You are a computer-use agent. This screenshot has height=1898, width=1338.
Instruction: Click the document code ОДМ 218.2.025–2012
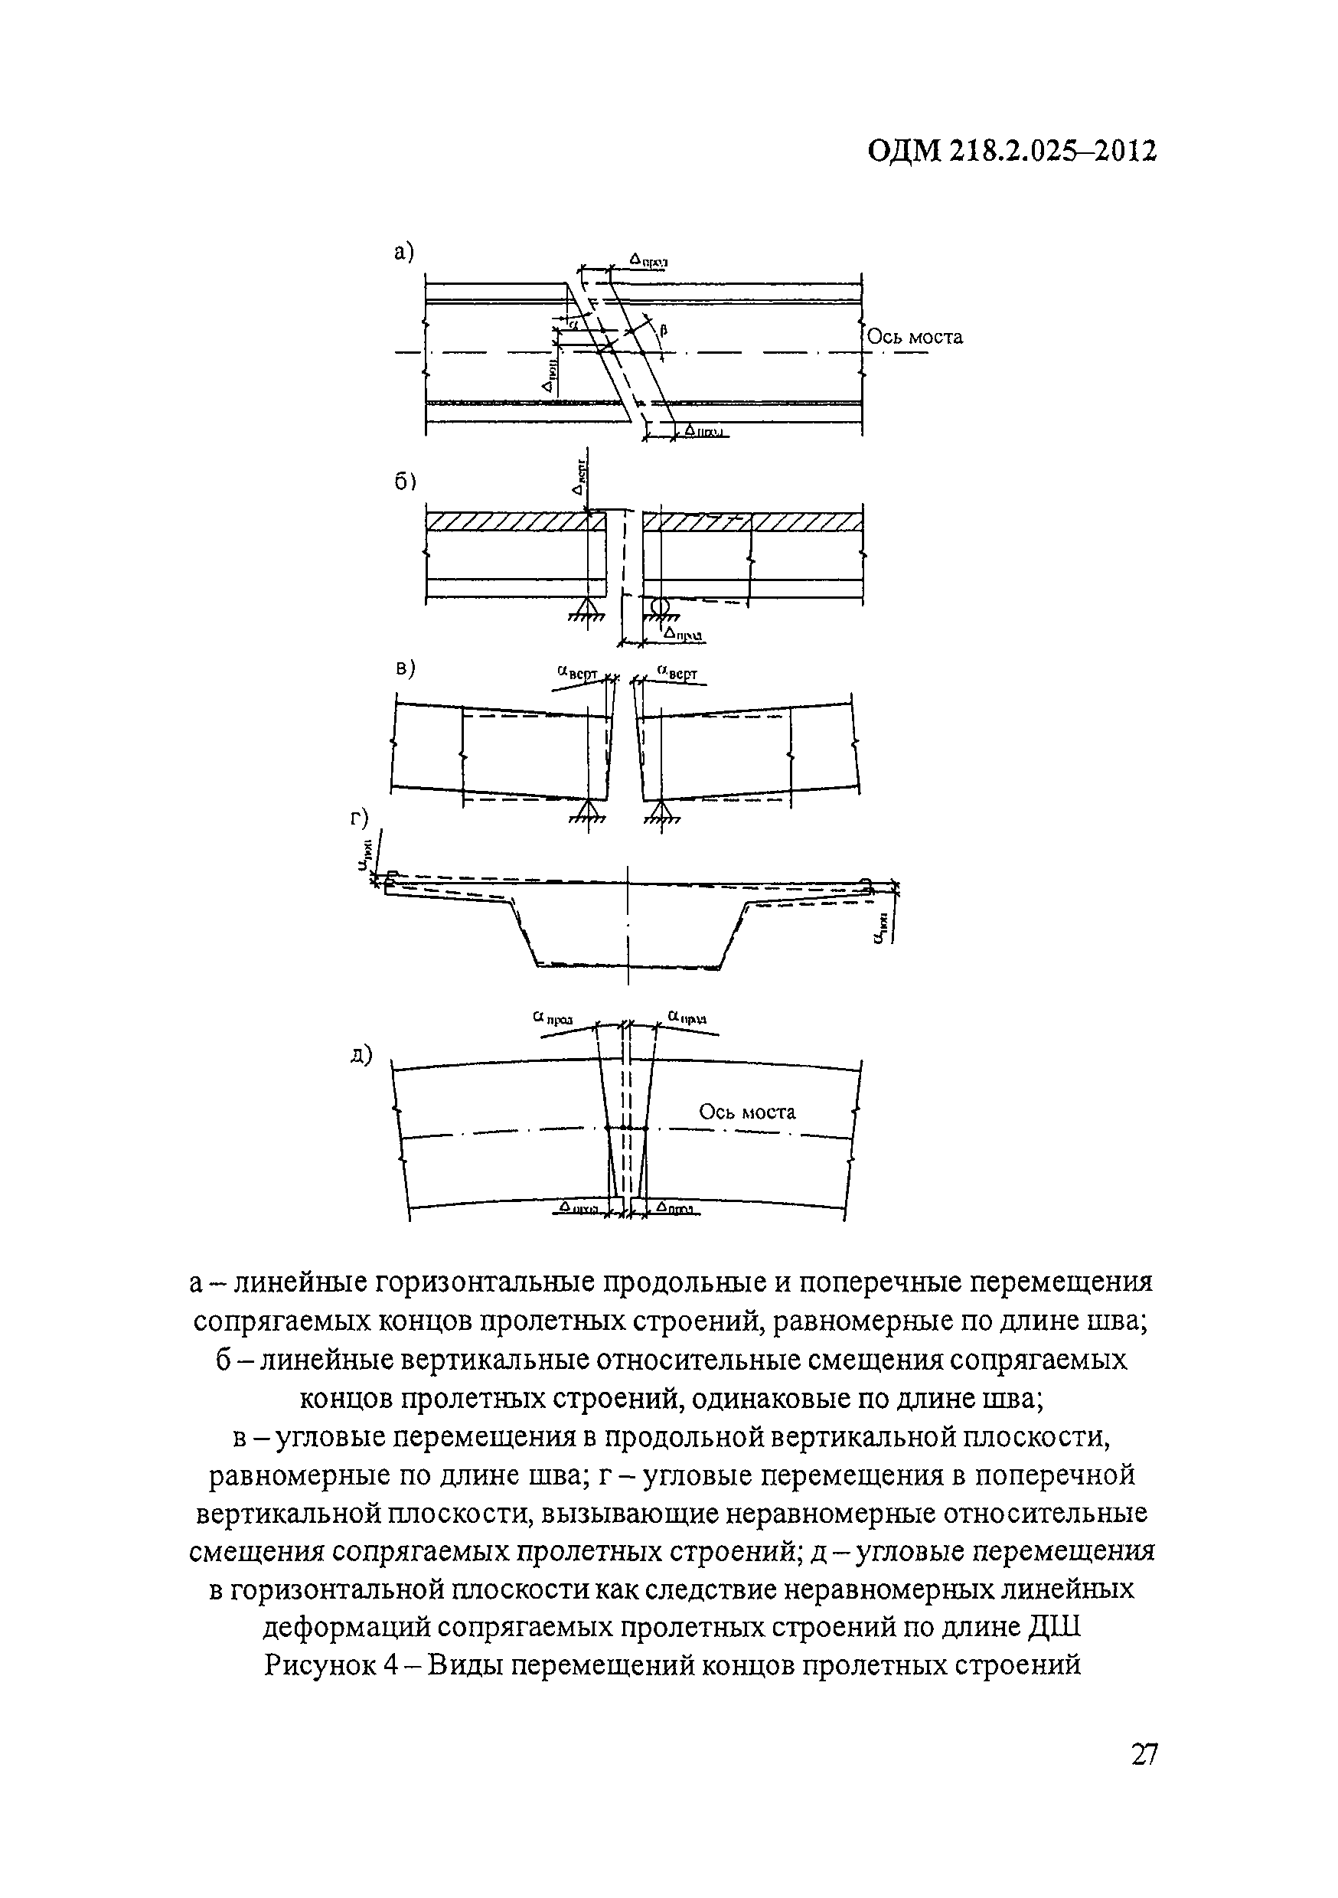click(x=1012, y=152)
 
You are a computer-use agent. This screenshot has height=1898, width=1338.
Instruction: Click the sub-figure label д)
click(x=361, y=1056)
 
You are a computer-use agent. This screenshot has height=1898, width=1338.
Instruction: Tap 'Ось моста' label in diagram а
click(x=915, y=338)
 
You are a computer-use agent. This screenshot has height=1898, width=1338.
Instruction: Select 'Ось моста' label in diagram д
click(x=746, y=1112)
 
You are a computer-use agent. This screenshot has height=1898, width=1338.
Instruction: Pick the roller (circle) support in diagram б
click(x=659, y=606)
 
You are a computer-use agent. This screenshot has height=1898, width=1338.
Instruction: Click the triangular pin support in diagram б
click(x=588, y=609)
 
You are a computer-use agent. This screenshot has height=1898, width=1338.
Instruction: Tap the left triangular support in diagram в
click(x=588, y=811)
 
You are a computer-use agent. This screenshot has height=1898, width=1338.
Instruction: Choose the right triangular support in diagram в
click(x=660, y=811)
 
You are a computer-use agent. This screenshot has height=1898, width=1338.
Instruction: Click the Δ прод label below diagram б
click(x=684, y=634)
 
